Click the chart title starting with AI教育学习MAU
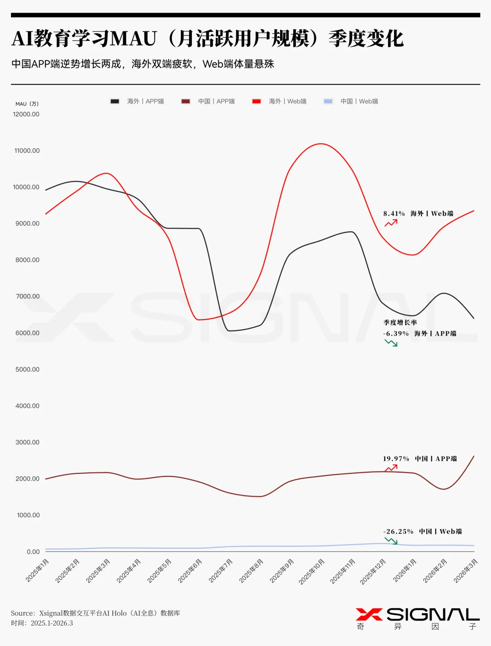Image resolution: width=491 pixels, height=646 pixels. click(207, 39)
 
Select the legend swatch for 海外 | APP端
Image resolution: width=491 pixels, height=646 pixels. click(115, 101)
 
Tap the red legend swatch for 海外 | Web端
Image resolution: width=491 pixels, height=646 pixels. click(256, 101)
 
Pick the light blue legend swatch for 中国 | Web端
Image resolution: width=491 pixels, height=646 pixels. click(328, 101)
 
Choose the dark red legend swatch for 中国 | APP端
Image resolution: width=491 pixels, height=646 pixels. click(185, 101)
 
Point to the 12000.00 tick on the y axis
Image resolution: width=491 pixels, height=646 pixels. click(26, 114)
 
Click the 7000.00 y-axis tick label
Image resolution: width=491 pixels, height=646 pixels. click(28, 296)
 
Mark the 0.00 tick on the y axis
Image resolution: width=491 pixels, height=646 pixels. click(33, 551)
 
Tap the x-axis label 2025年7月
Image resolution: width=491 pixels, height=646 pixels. click(221, 571)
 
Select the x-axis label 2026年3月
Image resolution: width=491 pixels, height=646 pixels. click(466, 571)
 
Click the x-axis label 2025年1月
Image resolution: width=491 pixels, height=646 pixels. click(37, 571)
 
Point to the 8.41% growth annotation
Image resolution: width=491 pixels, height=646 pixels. click(394, 214)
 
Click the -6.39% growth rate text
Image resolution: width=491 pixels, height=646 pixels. click(396, 334)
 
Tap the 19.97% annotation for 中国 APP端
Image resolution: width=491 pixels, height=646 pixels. click(396, 459)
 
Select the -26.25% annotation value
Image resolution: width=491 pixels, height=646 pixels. click(398, 531)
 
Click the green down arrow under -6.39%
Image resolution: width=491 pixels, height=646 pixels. click(391, 343)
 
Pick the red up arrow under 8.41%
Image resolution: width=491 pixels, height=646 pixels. click(391, 223)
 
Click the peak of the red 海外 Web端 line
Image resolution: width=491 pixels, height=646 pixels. click(321, 144)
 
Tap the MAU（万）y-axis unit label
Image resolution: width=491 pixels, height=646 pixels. click(27, 104)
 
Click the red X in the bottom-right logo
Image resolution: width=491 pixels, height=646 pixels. click(369, 615)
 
